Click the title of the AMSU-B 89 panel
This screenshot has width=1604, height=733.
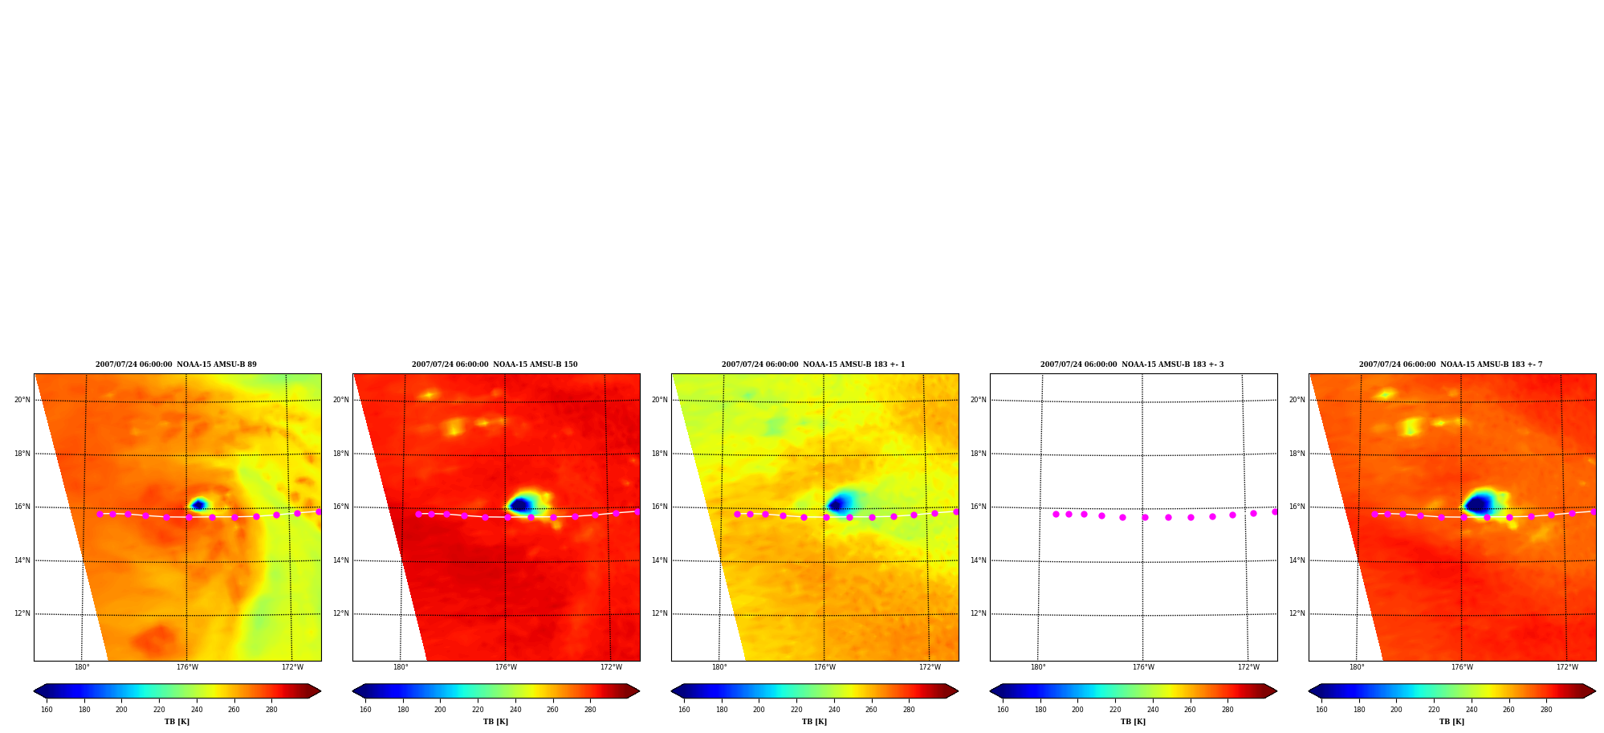(176, 364)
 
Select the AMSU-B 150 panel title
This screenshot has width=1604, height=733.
(495, 364)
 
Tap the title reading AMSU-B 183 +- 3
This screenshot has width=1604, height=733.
(1132, 364)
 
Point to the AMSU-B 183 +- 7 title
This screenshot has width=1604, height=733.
(1451, 364)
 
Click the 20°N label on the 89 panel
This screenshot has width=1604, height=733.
(22, 400)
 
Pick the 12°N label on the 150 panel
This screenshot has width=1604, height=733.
(341, 613)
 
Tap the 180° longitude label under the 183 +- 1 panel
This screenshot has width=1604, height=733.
(719, 667)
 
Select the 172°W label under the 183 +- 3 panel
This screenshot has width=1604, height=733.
(1248, 667)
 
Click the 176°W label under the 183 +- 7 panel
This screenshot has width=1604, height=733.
(1462, 667)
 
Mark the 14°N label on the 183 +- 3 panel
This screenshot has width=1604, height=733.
(979, 560)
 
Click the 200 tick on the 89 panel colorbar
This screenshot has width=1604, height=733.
(121, 710)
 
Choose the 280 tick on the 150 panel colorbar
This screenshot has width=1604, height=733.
(590, 710)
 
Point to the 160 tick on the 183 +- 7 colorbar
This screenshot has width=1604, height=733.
(1321, 710)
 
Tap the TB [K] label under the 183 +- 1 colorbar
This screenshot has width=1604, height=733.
(814, 722)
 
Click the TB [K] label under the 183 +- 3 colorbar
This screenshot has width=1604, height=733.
(1133, 722)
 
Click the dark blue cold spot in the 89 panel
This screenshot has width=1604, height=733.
(197, 505)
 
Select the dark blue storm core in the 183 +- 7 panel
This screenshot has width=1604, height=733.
(1478, 505)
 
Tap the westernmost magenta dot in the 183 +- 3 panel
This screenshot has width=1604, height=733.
(1056, 514)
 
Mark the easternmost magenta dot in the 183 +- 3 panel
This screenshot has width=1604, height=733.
(1275, 511)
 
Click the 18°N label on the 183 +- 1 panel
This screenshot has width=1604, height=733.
(660, 454)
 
